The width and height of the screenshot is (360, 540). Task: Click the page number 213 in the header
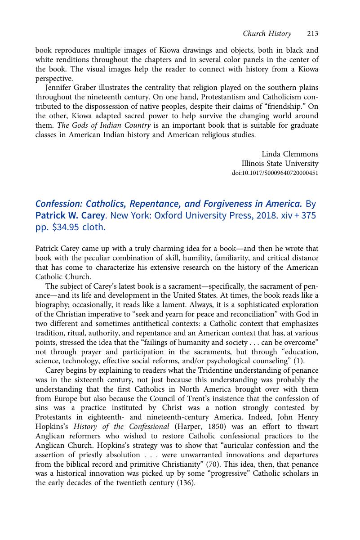[313, 34]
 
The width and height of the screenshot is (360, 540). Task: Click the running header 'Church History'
[267, 34]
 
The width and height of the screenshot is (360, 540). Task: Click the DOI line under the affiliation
[275, 173]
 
